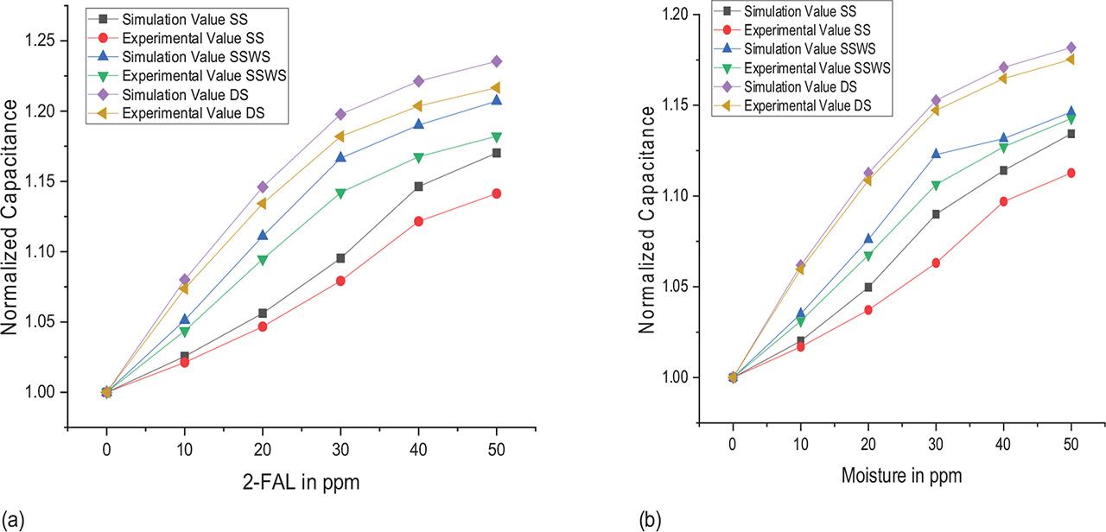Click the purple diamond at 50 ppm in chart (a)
(497, 61)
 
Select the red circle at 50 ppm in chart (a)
(497, 193)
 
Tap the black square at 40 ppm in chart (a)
(418, 187)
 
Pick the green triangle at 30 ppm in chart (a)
(340, 193)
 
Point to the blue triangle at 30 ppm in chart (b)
(935, 154)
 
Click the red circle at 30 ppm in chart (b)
(935, 263)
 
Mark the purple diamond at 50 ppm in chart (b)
(1071, 47)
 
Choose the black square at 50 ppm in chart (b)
(1071, 134)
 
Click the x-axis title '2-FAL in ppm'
(301, 484)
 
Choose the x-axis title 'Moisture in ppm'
(901, 476)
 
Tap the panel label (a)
(11, 520)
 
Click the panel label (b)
(650, 520)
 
